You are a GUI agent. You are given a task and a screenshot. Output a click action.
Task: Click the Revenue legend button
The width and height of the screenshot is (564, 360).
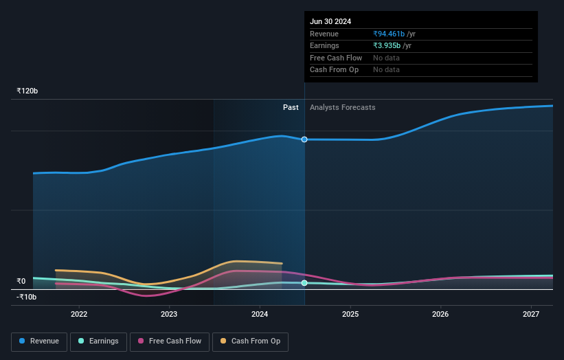pos(39,341)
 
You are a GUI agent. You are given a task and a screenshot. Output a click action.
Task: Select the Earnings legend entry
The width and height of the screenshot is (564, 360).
pos(98,341)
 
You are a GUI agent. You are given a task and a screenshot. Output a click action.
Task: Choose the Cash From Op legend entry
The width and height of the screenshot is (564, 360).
pos(250,341)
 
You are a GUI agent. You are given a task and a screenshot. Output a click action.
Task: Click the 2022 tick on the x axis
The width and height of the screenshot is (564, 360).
pos(79,314)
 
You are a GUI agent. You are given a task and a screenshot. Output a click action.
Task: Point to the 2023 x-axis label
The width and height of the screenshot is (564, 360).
pos(169,314)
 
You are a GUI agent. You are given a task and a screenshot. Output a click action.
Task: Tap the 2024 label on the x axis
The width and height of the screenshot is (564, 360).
pos(260,314)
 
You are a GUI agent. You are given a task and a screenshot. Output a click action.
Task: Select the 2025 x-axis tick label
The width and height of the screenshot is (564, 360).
pos(350,314)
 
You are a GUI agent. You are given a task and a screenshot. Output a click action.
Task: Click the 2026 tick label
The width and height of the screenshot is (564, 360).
pos(440,314)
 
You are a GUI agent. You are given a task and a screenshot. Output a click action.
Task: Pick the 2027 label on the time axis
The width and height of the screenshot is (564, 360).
pos(531,314)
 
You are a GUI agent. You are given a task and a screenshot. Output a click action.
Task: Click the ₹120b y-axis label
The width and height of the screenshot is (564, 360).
pos(27,91)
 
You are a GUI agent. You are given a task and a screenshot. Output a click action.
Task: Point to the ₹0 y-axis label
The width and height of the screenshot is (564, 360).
pos(21,281)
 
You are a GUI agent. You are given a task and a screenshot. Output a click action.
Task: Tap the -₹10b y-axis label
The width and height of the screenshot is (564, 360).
pos(27,297)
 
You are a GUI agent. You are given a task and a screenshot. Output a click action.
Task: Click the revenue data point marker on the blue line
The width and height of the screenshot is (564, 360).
pos(304,139)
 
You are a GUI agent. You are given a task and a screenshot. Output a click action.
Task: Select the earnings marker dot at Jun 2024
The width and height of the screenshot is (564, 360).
pos(304,283)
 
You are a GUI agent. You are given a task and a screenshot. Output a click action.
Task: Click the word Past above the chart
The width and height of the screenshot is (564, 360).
pos(291,107)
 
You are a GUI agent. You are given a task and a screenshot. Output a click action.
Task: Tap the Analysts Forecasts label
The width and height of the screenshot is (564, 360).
pos(343,107)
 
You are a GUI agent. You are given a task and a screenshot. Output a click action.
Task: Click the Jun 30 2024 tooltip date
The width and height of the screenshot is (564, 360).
pos(330,21)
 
